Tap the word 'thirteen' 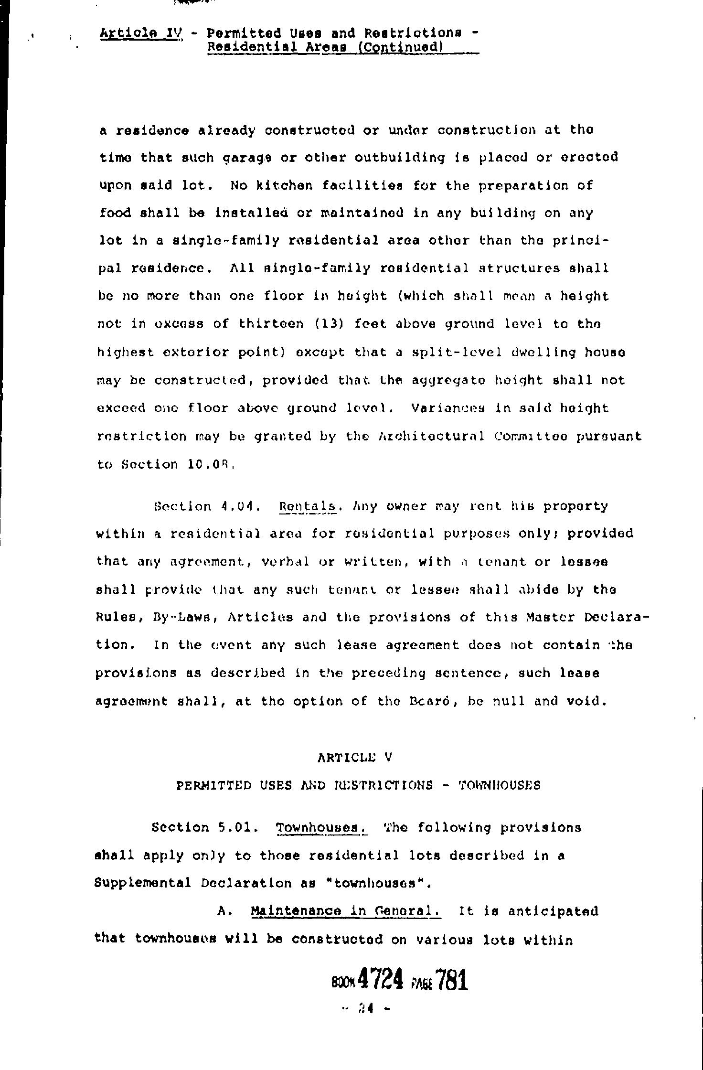(271, 324)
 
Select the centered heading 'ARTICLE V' (355, 757)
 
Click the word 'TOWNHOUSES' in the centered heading (500, 785)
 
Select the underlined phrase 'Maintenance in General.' (346, 911)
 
